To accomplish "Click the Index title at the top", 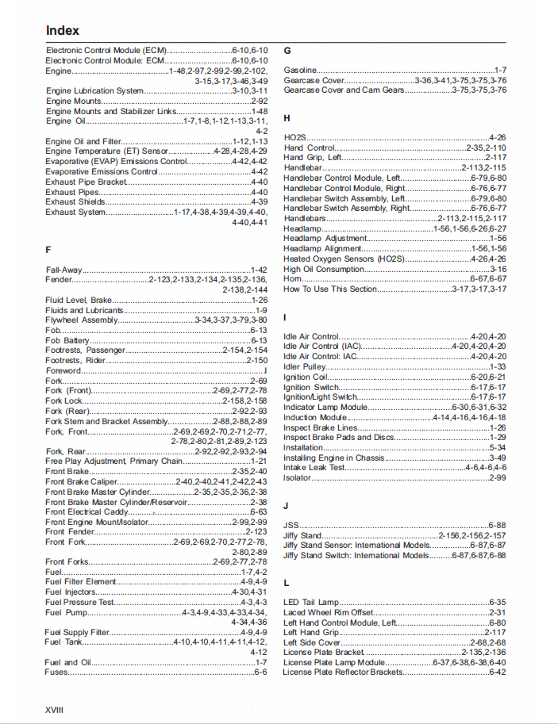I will coord(63,30).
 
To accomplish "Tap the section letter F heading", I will coord(48,250).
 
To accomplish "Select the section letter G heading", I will coord(287,50).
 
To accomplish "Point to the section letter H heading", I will coord(287,118).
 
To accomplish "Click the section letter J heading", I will coord(286,505).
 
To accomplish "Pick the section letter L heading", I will coord(286,582).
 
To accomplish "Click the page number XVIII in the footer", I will coord(55,709).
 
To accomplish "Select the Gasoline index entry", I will coord(300,71).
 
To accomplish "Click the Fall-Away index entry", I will coord(63,270).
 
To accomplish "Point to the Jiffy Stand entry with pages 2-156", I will coord(302,535).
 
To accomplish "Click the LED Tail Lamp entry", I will coord(311,603).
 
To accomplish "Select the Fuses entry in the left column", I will coord(56,672).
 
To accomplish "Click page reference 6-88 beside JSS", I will coord(497,525).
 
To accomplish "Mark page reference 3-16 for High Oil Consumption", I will coord(498,270).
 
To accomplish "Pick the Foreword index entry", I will coord(63,370).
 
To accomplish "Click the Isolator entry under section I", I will coord(298,477).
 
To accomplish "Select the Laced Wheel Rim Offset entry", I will coord(328,613).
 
